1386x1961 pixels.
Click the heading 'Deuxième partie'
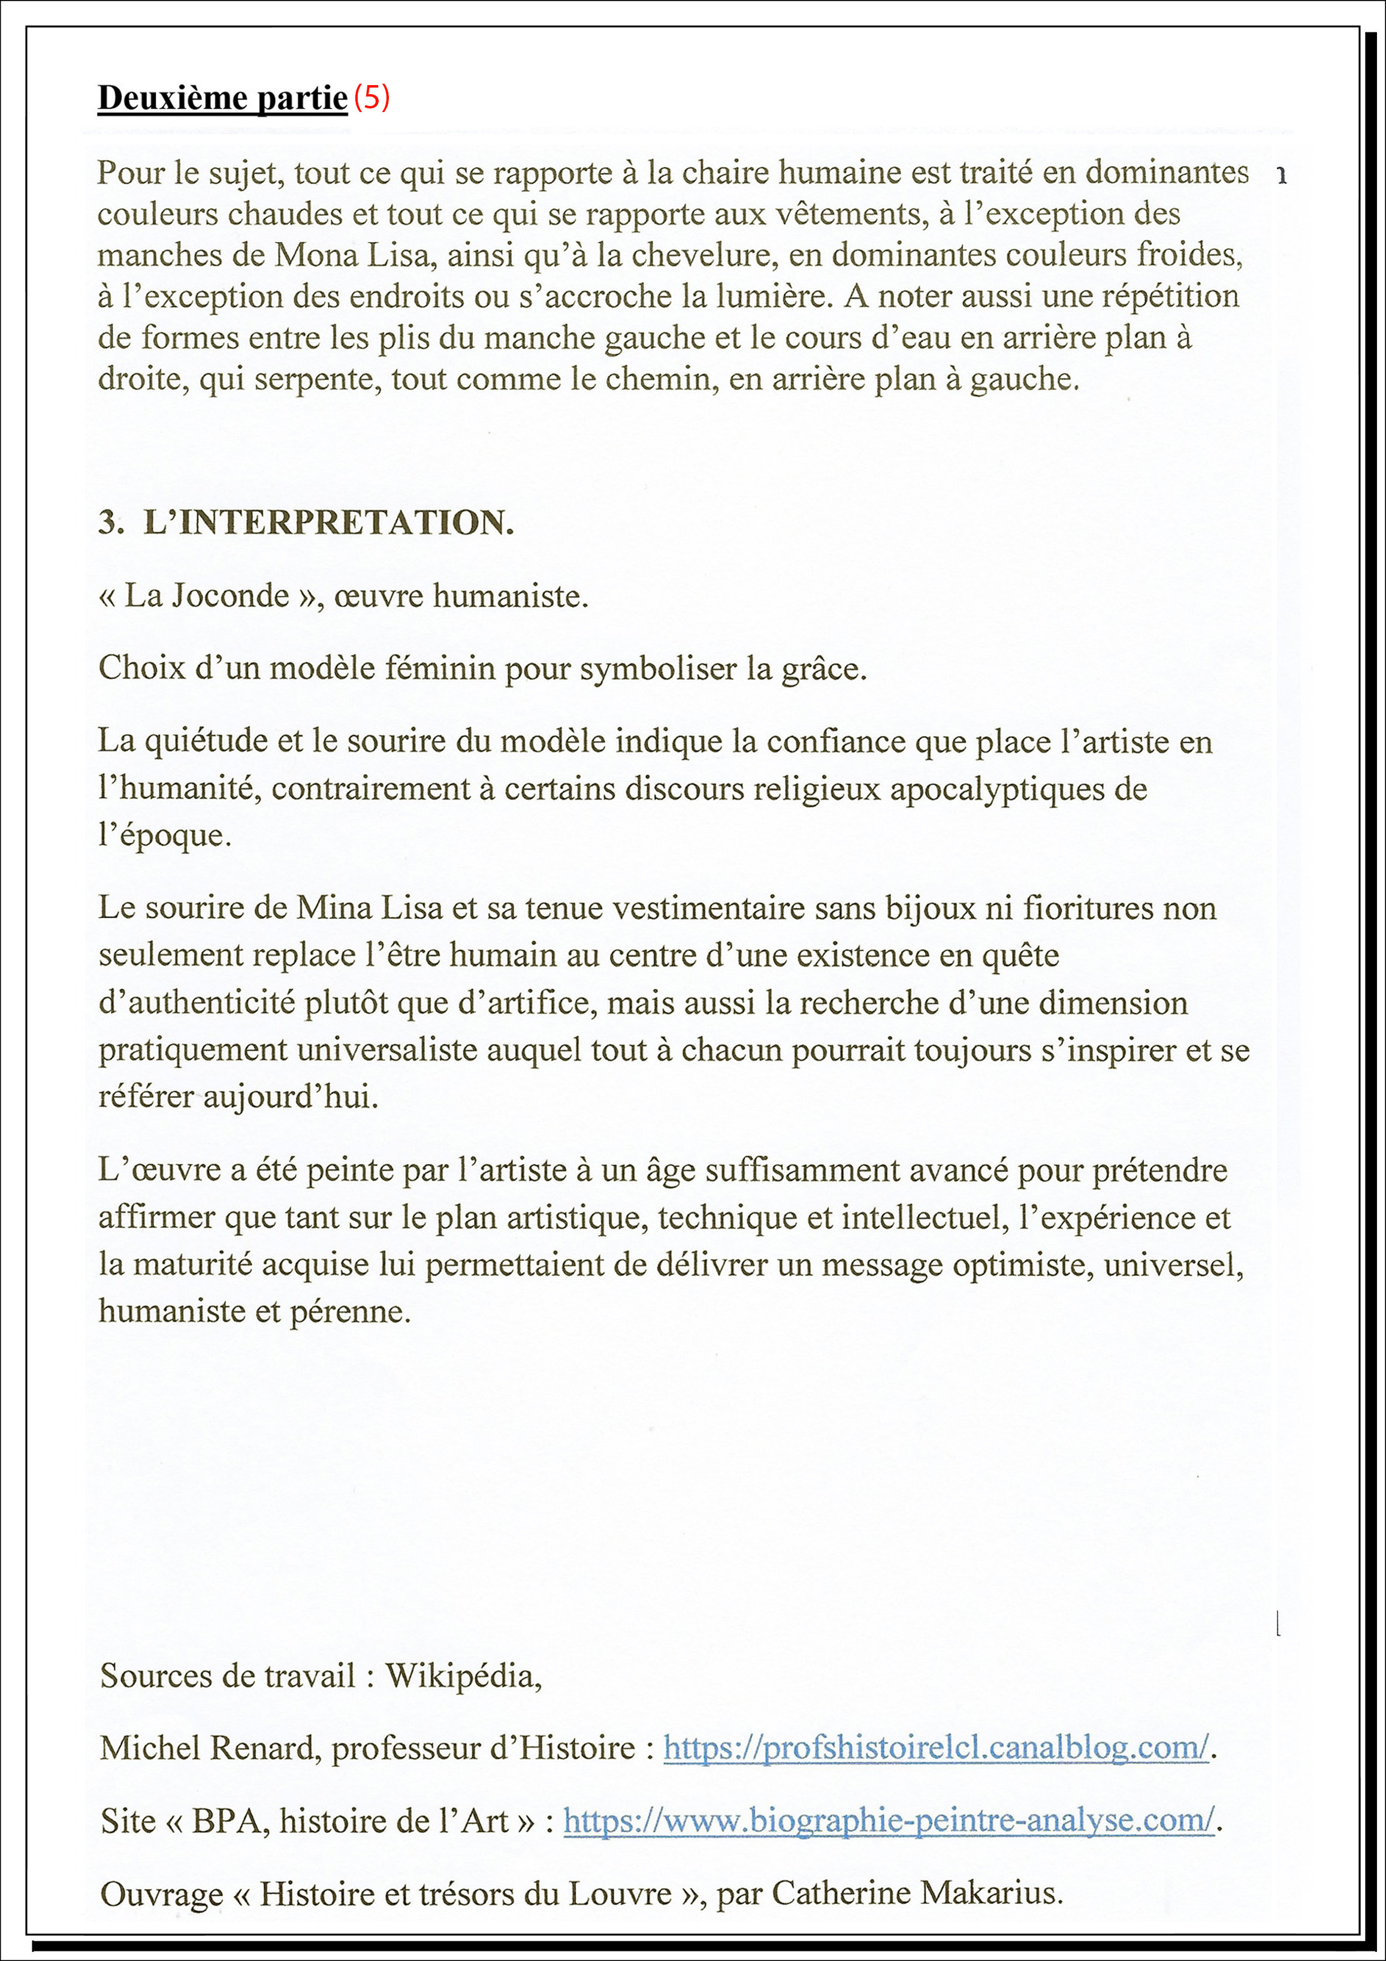pyautogui.click(x=222, y=98)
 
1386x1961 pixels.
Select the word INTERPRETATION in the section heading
pyautogui.click(x=329, y=522)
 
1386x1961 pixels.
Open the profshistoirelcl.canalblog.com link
pyautogui.click(x=936, y=1748)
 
